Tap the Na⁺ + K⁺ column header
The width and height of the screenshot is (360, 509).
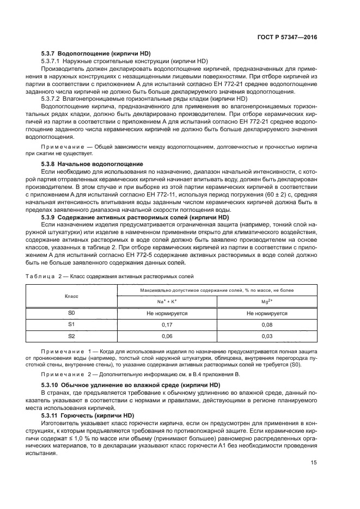[167, 301]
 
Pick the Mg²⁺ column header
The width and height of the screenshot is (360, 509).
[267, 301]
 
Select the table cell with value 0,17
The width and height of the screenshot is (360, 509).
[167, 325]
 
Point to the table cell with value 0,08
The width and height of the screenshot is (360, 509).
[267, 325]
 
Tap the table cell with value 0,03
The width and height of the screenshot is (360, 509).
[267, 337]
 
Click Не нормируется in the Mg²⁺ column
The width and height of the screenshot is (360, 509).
[267, 314]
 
